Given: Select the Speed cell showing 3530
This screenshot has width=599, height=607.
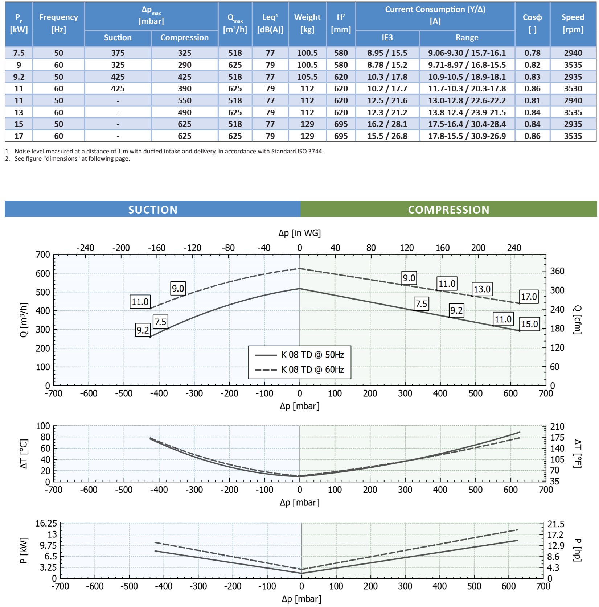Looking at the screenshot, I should [x=573, y=88].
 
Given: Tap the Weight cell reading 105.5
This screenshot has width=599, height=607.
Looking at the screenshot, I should [x=307, y=77].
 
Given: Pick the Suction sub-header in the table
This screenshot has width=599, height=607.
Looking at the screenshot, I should [x=118, y=37].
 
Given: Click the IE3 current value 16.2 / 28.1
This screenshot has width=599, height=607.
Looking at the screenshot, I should [x=387, y=124].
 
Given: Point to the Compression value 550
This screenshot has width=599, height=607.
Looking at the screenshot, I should [x=184, y=100].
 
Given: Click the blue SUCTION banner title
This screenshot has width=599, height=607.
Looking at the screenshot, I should [x=153, y=210].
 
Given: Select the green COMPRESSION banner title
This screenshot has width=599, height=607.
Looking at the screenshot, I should [x=448, y=210].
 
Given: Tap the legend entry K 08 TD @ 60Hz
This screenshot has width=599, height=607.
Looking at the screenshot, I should [x=312, y=369].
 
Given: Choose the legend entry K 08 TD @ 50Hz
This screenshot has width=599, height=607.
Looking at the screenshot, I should [x=312, y=355].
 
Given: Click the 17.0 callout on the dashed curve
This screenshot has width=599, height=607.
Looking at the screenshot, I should [x=529, y=297].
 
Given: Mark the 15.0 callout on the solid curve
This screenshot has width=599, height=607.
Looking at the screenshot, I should [x=529, y=324].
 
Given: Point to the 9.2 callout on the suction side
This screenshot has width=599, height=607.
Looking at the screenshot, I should [x=143, y=330].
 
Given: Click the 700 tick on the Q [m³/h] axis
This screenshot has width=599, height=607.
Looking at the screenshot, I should [x=43, y=255].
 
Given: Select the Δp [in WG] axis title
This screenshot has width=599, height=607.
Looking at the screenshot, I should [x=299, y=233].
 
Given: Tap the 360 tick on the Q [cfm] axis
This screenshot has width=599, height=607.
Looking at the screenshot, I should [x=557, y=271].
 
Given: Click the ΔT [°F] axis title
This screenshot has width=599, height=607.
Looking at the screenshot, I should [x=577, y=454].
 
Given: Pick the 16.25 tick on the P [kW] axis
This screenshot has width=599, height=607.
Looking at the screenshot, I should [x=46, y=523].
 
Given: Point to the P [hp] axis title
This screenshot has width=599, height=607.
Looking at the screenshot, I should [x=577, y=550].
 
